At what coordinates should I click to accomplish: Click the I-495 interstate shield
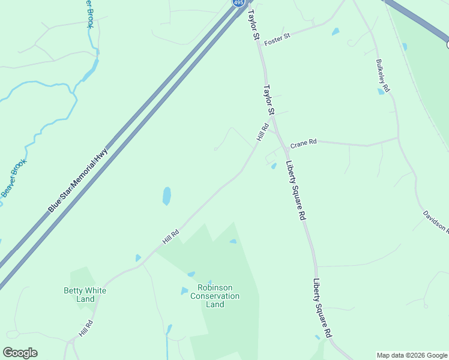click(x=238, y=3)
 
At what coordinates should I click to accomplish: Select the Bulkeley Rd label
click(x=382, y=75)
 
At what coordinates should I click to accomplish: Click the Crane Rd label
click(x=303, y=144)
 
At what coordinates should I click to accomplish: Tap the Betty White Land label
click(x=85, y=295)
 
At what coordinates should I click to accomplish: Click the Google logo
click(x=20, y=353)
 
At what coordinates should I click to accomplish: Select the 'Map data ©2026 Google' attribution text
click(x=412, y=355)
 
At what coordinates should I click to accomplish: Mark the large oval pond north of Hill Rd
click(x=166, y=196)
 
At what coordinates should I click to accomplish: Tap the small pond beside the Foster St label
click(x=335, y=31)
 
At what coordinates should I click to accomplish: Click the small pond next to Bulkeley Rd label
click(x=381, y=91)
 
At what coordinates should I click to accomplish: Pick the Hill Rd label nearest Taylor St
click(x=262, y=132)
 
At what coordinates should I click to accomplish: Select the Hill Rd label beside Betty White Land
click(x=86, y=329)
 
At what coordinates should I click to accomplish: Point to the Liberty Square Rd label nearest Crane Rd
click(x=296, y=190)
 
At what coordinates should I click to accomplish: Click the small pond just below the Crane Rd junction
click(x=273, y=166)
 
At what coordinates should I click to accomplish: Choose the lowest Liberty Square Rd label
click(x=322, y=307)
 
